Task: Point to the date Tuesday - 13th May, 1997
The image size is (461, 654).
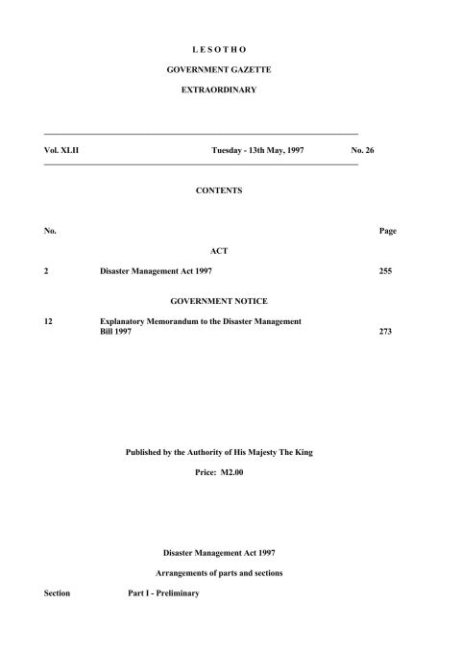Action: (x=257, y=150)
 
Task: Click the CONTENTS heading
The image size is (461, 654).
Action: (x=218, y=190)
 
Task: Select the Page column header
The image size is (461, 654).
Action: (x=388, y=231)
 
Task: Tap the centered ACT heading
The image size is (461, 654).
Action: (x=218, y=251)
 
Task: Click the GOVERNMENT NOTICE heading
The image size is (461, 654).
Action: (x=218, y=301)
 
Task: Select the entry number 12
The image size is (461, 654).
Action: (x=49, y=320)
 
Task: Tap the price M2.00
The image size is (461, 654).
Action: (x=231, y=473)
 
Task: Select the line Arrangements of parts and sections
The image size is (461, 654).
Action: (x=218, y=573)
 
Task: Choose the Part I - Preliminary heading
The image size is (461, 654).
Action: (x=163, y=593)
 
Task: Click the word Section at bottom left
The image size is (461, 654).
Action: (x=57, y=593)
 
